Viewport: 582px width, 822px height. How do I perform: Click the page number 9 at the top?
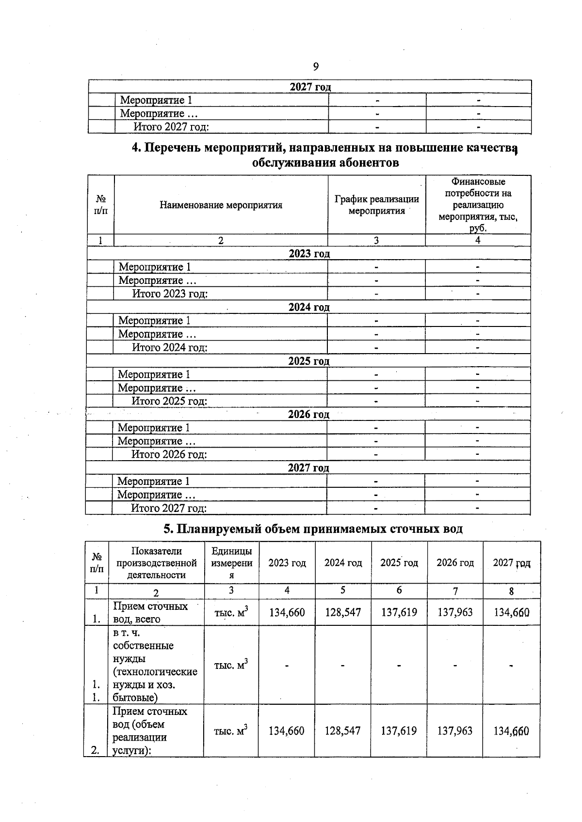(316, 67)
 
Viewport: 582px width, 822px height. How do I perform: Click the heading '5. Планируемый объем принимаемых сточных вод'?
(313, 528)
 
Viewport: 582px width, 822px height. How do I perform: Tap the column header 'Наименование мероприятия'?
(221, 205)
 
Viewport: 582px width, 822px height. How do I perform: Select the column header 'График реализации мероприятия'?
(377, 205)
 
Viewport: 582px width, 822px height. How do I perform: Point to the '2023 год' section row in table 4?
(309, 254)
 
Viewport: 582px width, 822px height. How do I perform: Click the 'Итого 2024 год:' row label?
(170, 347)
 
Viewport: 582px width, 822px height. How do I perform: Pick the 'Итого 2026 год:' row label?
(169, 454)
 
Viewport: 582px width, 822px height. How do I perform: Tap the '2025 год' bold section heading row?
(308, 361)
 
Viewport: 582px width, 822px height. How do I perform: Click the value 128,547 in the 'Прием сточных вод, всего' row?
(343, 612)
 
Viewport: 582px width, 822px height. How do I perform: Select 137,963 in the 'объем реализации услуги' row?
(455, 730)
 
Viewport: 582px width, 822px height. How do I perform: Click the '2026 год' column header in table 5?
(455, 562)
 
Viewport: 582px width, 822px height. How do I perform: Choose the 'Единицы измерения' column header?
(231, 563)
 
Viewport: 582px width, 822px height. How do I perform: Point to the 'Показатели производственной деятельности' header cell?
(156, 563)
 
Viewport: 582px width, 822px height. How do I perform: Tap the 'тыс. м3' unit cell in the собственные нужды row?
(231, 665)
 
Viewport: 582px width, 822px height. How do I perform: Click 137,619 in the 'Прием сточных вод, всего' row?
(399, 612)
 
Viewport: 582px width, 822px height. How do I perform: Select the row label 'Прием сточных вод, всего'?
(150, 612)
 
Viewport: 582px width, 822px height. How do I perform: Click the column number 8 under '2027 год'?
(511, 591)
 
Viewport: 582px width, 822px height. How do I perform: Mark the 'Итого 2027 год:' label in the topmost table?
(171, 127)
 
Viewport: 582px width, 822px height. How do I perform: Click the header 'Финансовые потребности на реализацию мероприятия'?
(478, 205)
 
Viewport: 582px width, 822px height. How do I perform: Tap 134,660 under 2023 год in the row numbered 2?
(287, 730)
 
